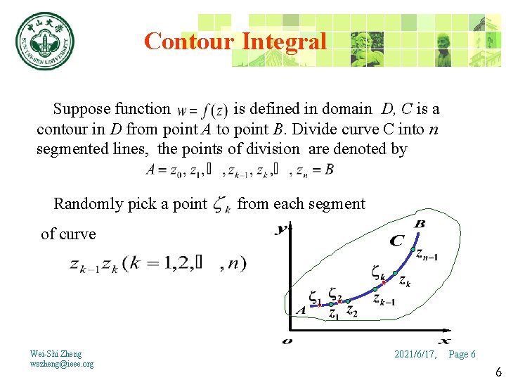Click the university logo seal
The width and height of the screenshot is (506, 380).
45,42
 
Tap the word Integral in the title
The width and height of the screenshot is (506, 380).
284,42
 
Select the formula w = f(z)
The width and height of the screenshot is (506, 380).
202,110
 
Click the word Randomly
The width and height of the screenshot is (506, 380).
87,204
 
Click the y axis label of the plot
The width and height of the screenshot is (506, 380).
282,228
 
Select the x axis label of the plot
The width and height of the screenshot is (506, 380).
445,340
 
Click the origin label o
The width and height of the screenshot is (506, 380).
287,341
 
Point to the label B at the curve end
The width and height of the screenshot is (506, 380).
420,224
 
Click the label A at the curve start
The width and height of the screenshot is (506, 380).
301,310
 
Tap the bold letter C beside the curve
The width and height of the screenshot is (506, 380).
397,241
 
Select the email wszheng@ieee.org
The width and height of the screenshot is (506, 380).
62,364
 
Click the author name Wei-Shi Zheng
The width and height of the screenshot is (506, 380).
56,353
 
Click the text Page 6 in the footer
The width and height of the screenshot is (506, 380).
462,354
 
